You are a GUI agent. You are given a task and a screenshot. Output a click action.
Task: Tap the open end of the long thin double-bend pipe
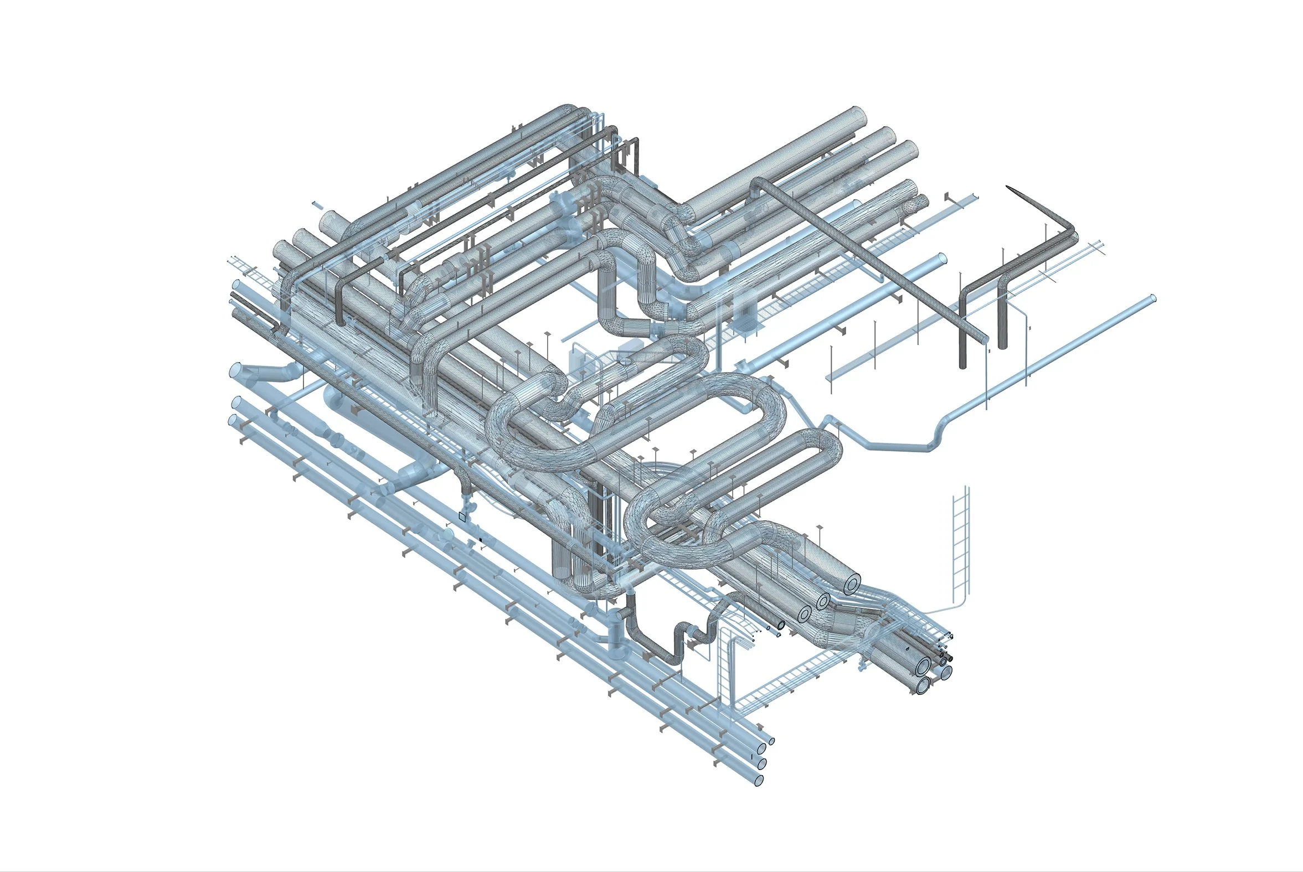(x=1153, y=298)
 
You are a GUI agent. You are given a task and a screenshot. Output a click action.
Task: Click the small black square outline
(x=462, y=517)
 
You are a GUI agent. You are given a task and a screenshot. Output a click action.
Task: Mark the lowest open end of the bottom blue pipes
(x=759, y=780)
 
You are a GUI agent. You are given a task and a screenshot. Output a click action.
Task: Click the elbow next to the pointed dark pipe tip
(x=1069, y=233)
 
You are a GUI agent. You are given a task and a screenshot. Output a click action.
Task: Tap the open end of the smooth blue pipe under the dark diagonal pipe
(x=942, y=259)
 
